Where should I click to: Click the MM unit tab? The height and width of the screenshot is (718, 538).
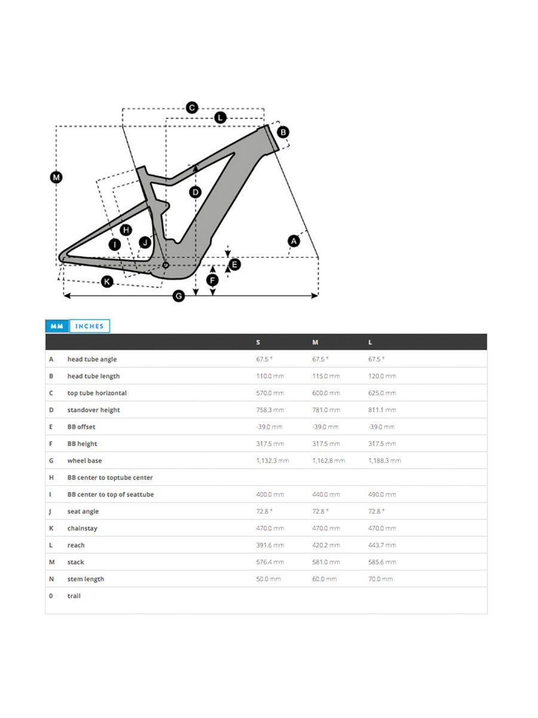57,326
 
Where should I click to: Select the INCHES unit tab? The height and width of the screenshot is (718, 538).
90,326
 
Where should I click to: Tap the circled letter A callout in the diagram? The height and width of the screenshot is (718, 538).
294,241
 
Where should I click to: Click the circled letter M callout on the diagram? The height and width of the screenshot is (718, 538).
56,177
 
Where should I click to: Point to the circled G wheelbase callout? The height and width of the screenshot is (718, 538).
178,296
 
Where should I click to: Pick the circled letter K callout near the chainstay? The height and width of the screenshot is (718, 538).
107,281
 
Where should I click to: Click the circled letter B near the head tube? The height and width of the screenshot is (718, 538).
283,132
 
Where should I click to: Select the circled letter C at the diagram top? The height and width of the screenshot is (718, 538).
192,108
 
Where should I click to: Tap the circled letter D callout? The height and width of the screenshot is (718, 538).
195,192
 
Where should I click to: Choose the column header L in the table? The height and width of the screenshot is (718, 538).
370,342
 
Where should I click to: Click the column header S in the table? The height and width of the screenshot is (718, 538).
258,342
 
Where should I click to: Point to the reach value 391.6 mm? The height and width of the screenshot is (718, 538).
270,545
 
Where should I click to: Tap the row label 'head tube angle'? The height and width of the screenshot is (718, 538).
92,359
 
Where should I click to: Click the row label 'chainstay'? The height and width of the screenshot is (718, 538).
82,528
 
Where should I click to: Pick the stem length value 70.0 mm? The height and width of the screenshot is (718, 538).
380,579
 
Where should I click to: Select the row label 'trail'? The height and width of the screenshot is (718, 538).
74,596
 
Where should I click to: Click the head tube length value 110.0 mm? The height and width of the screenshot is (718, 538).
270,376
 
